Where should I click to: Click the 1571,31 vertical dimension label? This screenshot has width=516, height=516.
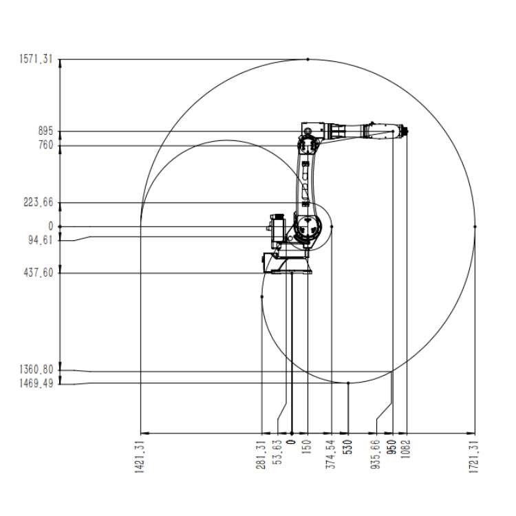click(x=36, y=59)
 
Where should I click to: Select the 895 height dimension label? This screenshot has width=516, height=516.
click(x=45, y=131)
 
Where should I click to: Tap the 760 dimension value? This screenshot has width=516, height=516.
click(x=45, y=145)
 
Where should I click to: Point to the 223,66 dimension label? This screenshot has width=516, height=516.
click(x=38, y=202)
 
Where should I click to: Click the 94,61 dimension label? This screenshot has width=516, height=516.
click(x=41, y=240)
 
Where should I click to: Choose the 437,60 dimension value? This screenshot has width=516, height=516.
click(x=38, y=272)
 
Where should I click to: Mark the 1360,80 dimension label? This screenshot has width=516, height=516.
click(x=36, y=369)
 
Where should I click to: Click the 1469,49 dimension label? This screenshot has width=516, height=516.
click(x=36, y=383)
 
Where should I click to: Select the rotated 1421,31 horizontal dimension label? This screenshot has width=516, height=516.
click(x=140, y=457)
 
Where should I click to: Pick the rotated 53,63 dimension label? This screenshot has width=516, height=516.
click(x=279, y=452)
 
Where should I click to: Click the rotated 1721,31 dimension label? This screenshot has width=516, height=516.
click(x=473, y=457)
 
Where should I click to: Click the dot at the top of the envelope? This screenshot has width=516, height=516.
click(x=308, y=59)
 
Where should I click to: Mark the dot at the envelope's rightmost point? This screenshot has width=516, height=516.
click(x=475, y=226)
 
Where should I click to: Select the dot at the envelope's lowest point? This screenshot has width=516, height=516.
click(x=348, y=383)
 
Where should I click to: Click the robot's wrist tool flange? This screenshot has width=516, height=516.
click(x=405, y=131)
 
